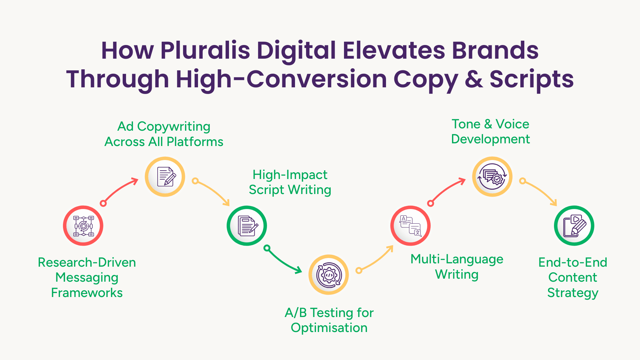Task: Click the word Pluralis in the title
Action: [205, 50]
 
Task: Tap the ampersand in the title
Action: [474, 79]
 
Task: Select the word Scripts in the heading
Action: [532, 80]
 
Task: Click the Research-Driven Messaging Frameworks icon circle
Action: [83, 226]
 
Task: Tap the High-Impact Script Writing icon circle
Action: [247, 226]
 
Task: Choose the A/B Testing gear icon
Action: [329, 275]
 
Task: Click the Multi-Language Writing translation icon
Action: [411, 226]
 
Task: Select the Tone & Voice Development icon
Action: [492, 176]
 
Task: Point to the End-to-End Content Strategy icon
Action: [574, 226]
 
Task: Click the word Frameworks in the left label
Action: [87, 293]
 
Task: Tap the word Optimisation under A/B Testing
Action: [329, 328]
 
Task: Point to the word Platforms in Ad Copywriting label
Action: [195, 142]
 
